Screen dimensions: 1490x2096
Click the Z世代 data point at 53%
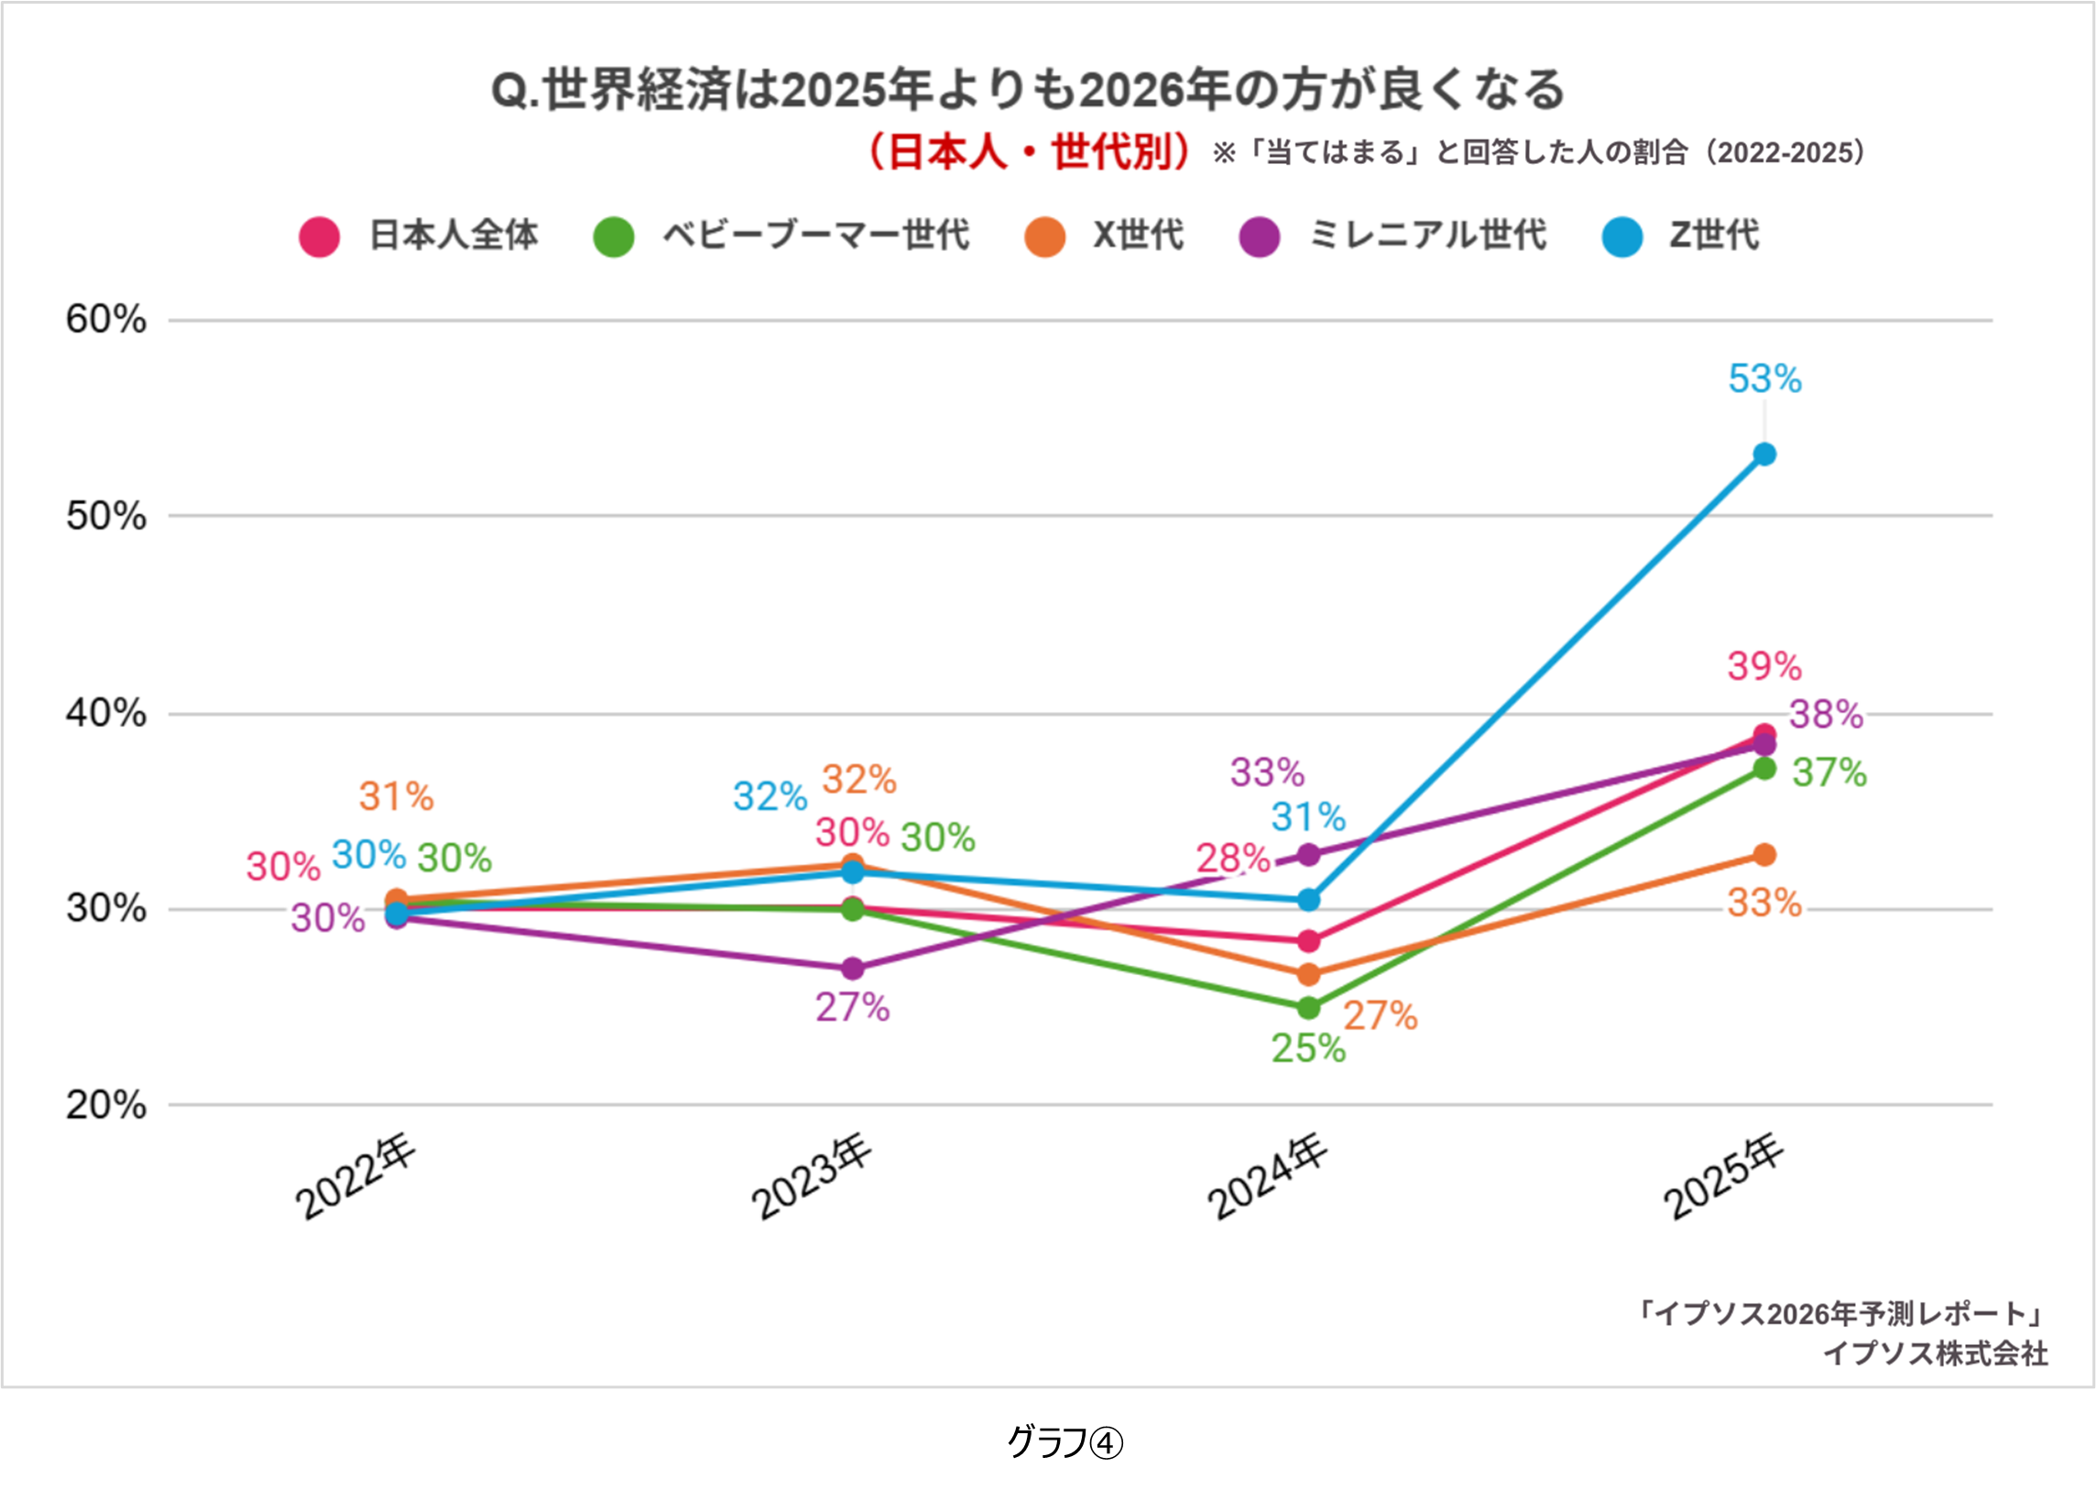coord(1764,455)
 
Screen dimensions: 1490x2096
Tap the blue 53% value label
coord(1764,379)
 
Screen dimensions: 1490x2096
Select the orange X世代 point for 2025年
coord(1764,855)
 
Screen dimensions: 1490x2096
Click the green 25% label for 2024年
coord(1308,1047)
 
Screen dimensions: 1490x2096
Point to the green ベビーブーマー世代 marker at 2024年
coord(1309,1007)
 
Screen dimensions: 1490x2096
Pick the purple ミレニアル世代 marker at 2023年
coord(852,968)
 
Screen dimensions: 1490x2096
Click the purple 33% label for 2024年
coord(1267,772)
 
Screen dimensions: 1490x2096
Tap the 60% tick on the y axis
coord(105,320)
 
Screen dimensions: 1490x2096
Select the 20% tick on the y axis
coord(105,1104)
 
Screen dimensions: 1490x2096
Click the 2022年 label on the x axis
coord(356,1179)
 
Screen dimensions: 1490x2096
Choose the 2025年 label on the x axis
coord(1723,1179)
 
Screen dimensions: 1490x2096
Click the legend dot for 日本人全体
coord(319,236)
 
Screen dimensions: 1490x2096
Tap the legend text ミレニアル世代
coord(1427,235)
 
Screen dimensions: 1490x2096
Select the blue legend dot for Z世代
coord(1621,236)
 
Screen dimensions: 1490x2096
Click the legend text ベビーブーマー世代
coord(815,235)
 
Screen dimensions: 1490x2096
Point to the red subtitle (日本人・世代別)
coord(1026,152)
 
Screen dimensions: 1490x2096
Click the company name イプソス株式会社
coord(1936,1353)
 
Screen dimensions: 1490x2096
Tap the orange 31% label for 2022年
coord(396,796)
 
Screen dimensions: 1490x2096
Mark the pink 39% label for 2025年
coord(1764,666)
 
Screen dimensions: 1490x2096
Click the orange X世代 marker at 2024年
coord(1309,974)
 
